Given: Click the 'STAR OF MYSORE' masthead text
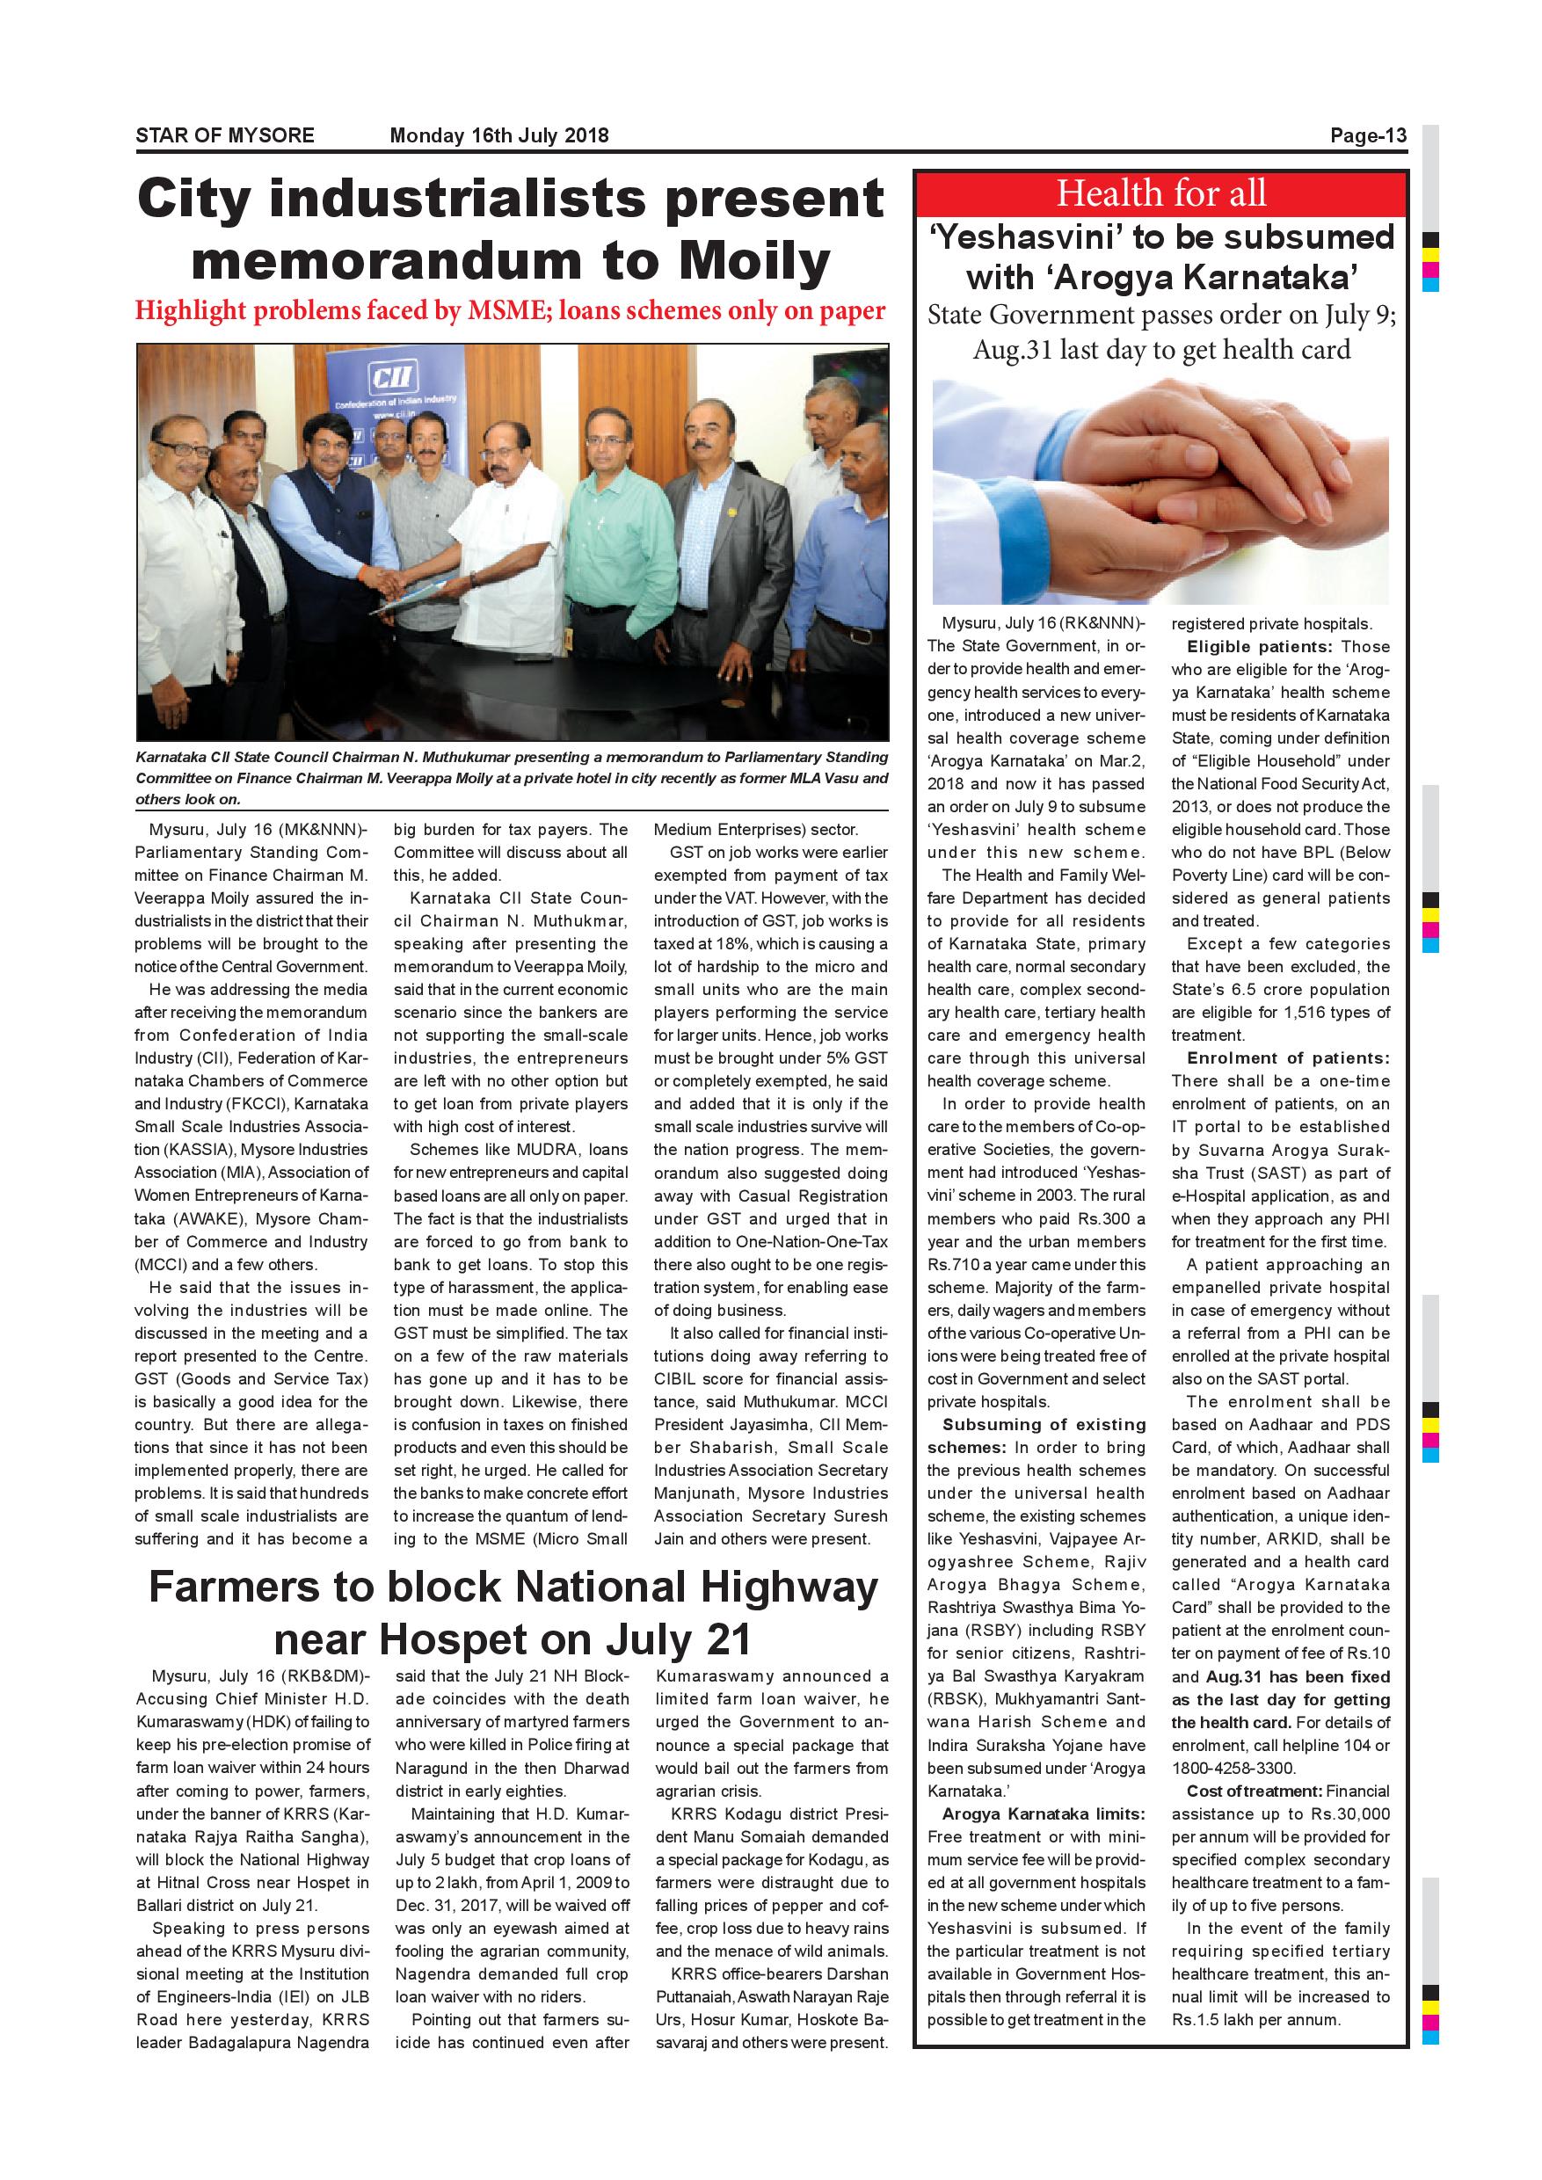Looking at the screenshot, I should pyautogui.click(x=225, y=134).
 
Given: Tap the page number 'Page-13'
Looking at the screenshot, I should pyautogui.click(x=1367, y=134).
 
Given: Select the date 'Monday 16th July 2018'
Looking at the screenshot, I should pyautogui.click(x=499, y=134).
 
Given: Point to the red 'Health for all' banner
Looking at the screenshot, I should pyautogui.click(x=1160, y=193).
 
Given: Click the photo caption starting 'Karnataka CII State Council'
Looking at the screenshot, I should pyautogui.click(x=511, y=778).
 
